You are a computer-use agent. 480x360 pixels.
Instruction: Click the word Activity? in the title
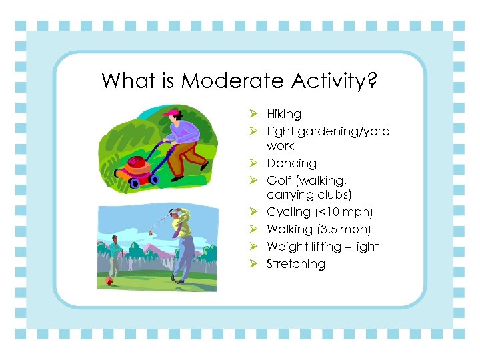point(335,82)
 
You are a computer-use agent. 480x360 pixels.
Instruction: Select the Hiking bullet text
point(284,114)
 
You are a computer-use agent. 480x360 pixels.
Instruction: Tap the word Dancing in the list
point(291,163)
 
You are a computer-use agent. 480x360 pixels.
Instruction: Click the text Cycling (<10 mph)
point(319,212)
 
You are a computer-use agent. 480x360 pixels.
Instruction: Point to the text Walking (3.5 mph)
point(319,229)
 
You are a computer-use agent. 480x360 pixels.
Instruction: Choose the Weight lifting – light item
point(322,247)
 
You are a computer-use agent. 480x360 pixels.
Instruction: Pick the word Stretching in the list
point(296,264)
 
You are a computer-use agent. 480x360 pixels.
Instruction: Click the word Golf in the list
point(279,181)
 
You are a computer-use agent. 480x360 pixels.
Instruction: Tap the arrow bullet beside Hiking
point(254,114)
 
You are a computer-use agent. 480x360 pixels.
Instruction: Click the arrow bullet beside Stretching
point(254,264)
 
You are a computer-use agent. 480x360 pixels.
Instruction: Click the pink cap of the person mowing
point(171,113)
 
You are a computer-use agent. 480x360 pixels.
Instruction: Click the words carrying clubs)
point(309,195)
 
